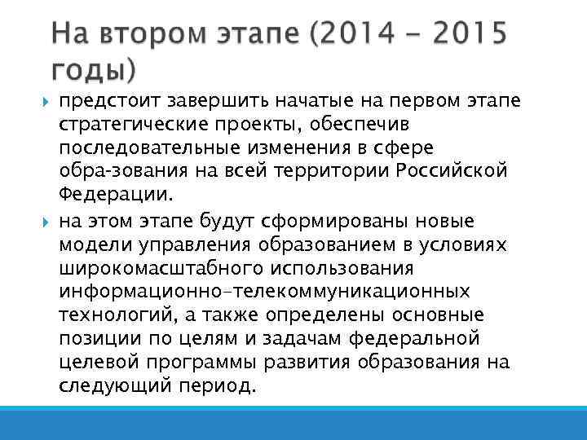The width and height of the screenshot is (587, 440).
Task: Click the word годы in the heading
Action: point(90,71)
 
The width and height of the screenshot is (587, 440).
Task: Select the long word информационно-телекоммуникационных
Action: point(263,292)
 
